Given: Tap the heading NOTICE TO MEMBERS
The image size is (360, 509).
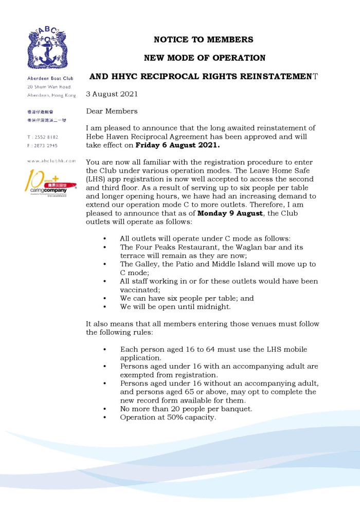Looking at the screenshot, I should pyautogui.click(x=204, y=40).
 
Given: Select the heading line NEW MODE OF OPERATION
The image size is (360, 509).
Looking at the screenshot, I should pyautogui.click(x=204, y=58).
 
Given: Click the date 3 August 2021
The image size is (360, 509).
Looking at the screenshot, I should pyautogui.click(x=112, y=95).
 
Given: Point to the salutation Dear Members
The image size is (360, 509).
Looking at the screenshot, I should pyautogui.click(x=112, y=111).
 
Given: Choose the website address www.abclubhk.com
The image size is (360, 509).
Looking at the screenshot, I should pyautogui.click(x=51, y=161).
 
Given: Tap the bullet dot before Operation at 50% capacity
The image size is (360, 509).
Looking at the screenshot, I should pyautogui.click(x=105, y=417).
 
